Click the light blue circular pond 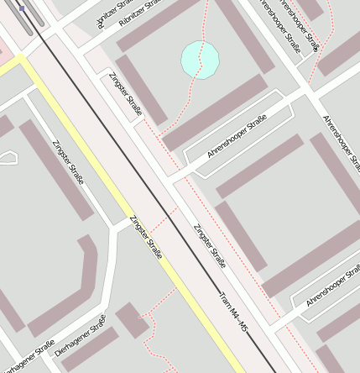(200, 59)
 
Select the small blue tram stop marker (22, 8)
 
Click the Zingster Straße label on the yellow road (145, 237)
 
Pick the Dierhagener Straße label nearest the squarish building (81, 336)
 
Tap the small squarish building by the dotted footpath (133, 321)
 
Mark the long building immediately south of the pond (214, 113)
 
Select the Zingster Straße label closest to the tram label (209, 246)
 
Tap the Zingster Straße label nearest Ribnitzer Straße (126, 94)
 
